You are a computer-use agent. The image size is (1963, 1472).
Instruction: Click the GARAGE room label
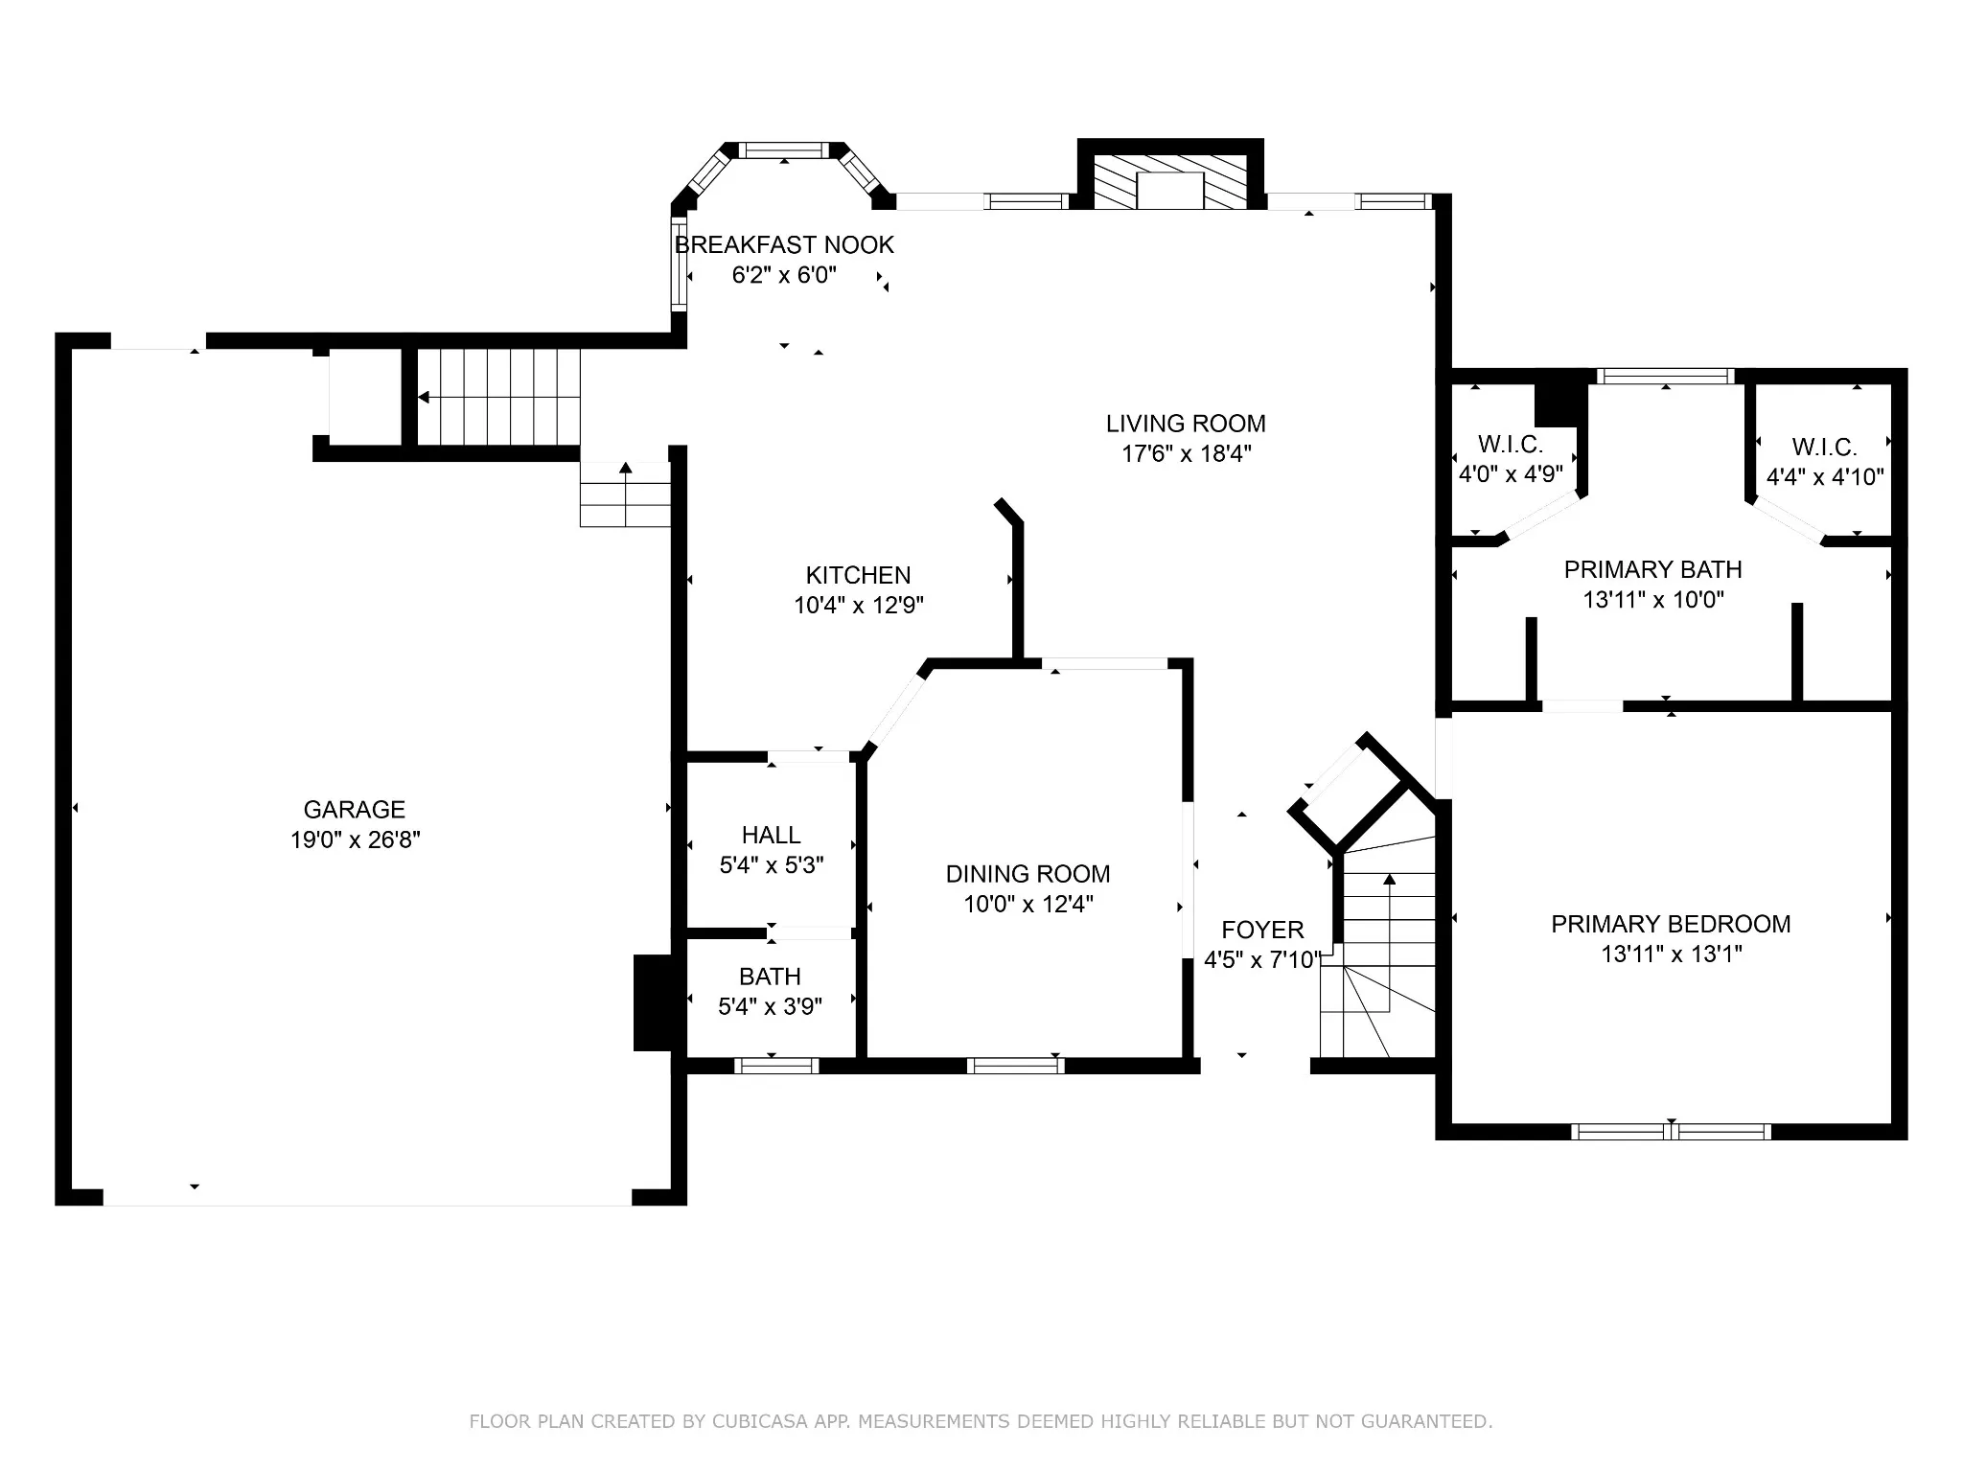[x=355, y=810]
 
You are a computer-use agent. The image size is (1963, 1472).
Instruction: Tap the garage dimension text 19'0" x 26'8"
[x=356, y=840]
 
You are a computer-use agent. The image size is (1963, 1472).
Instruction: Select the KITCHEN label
[x=858, y=575]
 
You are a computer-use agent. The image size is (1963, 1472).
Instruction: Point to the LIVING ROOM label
[x=1186, y=424]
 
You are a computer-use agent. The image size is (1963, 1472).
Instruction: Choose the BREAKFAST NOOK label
[x=785, y=245]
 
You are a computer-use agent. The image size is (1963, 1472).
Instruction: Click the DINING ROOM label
[x=1028, y=874]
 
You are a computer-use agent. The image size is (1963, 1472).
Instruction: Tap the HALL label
[x=771, y=835]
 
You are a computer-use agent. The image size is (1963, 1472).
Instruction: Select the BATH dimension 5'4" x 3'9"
[x=771, y=1006]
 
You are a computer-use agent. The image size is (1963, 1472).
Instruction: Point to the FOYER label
[x=1262, y=930]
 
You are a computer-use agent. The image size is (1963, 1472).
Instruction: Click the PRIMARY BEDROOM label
[x=1671, y=924]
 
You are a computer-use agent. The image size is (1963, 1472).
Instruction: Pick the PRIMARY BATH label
[x=1652, y=570]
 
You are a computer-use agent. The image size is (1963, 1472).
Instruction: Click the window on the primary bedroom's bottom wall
[x=1671, y=1131]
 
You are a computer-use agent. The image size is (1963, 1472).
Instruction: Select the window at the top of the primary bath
[x=1666, y=377]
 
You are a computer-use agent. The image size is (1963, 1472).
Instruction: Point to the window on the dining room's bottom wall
[x=1015, y=1066]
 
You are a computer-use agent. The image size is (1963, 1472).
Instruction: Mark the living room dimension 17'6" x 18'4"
[x=1187, y=454]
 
